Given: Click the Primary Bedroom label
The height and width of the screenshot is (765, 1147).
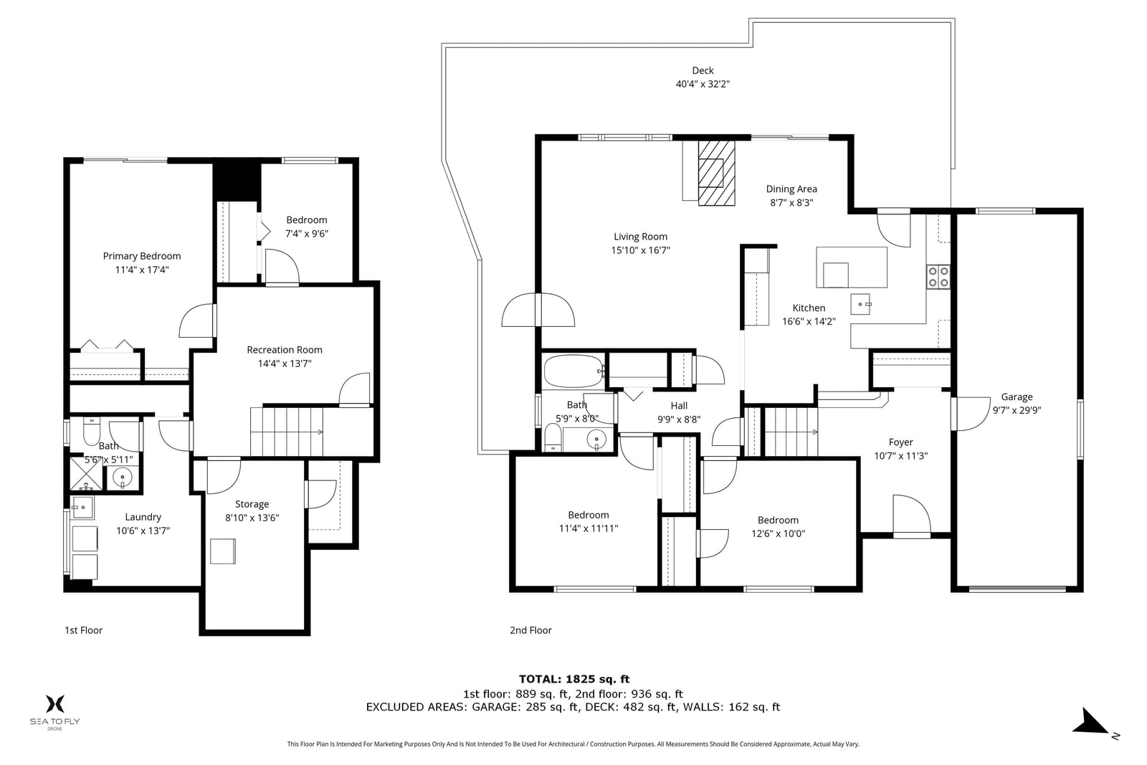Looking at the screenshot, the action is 142,256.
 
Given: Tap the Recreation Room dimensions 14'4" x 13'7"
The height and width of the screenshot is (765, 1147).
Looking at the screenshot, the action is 285,364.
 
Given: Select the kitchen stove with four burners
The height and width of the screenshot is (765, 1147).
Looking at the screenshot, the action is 938,277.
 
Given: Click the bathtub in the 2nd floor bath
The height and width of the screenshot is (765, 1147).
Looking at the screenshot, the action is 574,371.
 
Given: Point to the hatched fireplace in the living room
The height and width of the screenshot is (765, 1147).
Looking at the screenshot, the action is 717,174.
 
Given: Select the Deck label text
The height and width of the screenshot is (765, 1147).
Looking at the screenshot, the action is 703,71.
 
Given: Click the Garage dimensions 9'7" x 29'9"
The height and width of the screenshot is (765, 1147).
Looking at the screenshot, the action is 1017,410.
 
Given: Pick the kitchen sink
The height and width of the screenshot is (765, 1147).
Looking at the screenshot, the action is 860,304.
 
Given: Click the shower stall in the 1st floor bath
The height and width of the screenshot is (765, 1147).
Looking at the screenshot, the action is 86,474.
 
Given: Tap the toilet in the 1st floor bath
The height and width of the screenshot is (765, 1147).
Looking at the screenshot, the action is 92,432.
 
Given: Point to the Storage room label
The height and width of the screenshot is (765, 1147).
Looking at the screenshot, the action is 252,504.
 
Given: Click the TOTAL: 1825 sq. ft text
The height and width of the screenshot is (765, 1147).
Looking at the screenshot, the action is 574,679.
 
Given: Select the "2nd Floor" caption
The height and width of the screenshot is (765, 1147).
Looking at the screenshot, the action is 530,630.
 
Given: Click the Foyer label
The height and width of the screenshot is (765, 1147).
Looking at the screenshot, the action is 900,442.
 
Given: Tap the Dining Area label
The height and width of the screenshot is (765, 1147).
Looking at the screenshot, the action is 791,189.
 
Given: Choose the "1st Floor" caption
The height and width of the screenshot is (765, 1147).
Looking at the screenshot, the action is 83,630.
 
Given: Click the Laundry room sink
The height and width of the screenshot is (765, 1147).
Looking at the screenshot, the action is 82,508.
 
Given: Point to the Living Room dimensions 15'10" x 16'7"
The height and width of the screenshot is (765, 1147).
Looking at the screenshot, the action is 641,250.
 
